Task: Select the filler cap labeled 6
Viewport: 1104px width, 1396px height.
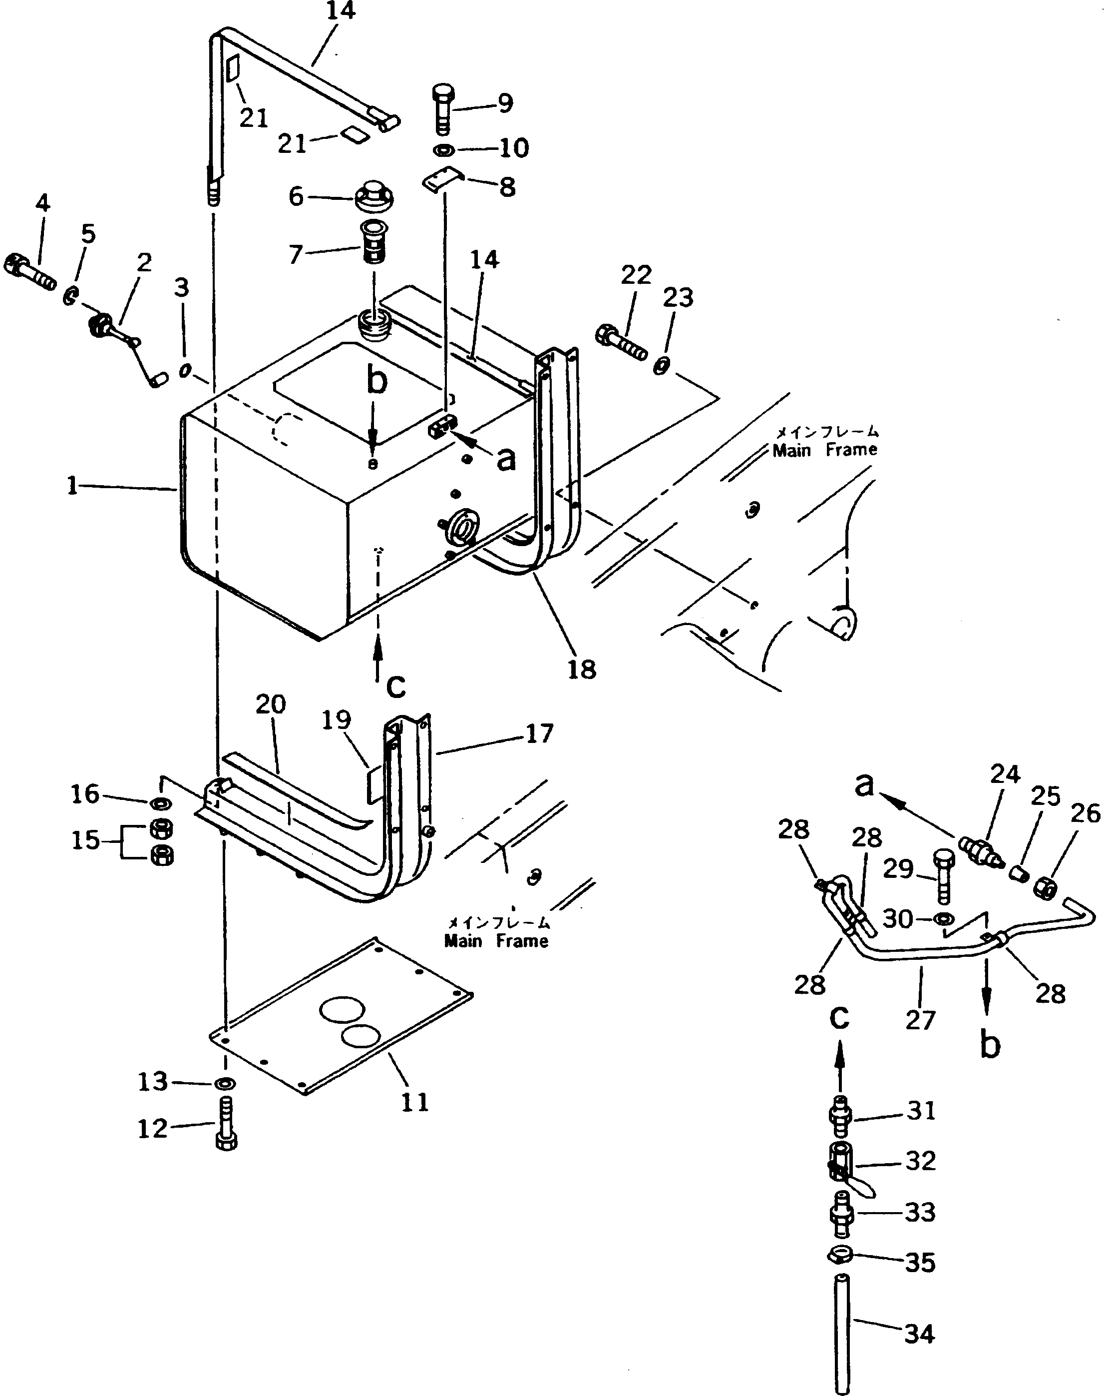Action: [374, 196]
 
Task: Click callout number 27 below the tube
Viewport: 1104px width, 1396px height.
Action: [920, 1020]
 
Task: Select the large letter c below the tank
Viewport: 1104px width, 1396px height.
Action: [395, 686]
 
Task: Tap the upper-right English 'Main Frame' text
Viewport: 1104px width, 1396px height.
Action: [825, 449]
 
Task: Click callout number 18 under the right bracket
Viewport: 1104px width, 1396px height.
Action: [581, 669]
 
